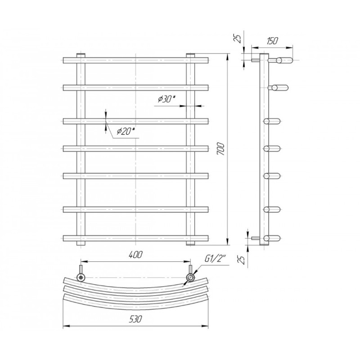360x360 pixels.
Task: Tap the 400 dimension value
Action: pyautogui.click(x=135, y=255)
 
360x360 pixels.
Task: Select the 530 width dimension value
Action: pyautogui.click(x=135, y=319)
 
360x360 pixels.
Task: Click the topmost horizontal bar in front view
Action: pyautogui.click(x=135, y=60)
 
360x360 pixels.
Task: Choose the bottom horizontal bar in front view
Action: pyautogui.click(x=135, y=237)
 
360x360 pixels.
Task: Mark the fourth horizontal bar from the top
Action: pyautogui.click(x=135, y=148)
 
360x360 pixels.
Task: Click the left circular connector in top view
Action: pyautogui.click(x=81, y=277)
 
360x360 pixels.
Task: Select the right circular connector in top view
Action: pyautogui.click(x=191, y=278)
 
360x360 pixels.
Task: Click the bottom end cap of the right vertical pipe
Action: pyautogui.click(x=190, y=243)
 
